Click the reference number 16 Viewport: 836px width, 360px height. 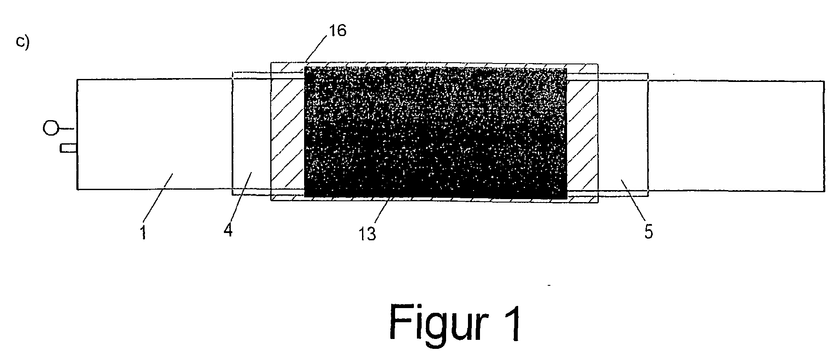coord(338,31)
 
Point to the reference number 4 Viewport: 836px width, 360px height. coord(228,230)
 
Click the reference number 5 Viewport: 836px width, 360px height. coord(648,231)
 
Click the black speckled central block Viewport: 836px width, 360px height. coord(435,133)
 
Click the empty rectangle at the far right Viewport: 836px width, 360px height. coord(736,135)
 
